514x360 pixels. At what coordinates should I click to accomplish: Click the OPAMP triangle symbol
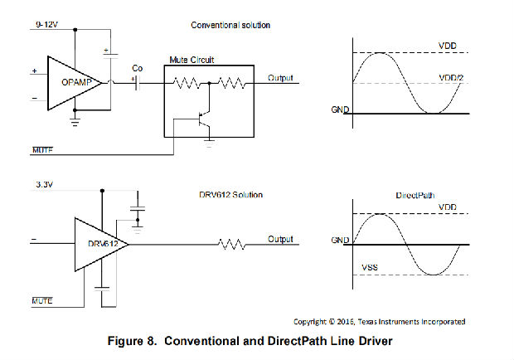[x=75, y=82]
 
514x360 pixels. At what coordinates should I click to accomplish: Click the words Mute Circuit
[x=191, y=61]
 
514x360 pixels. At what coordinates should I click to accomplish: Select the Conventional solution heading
[x=230, y=26]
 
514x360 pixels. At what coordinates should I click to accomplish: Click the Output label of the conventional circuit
[x=280, y=78]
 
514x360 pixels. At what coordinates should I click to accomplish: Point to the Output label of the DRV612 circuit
[x=280, y=239]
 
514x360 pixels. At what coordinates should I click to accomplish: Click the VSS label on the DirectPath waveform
[x=371, y=268]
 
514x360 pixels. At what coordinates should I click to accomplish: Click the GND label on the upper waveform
[x=339, y=109]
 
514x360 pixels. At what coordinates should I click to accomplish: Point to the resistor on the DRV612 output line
[x=230, y=244]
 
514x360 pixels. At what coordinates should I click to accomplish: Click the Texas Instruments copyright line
[x=379, y=321]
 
